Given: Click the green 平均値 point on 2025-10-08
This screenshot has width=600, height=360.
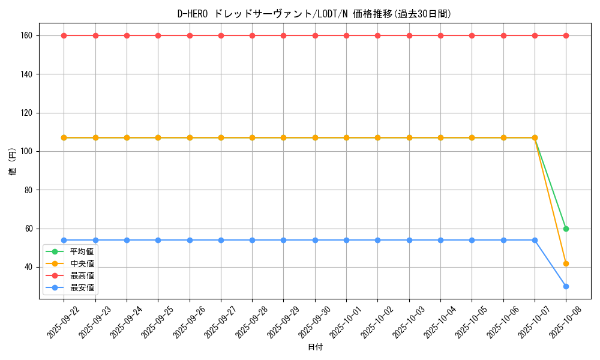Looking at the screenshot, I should pyautogui.click(x=566, y=229).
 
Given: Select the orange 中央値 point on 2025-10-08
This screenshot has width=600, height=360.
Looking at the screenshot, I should pyautogui.click(x=566, y=263).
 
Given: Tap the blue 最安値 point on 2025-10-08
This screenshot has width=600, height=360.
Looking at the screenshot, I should pyautogui.click(x=566, y=286).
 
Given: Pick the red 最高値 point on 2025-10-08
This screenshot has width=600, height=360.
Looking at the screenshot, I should pyautogui.click(x=566, y=35).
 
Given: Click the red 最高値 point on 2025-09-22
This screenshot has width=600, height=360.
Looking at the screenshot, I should pyautogui.click(x=64, y=35).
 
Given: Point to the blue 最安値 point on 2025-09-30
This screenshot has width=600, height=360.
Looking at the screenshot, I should pyautogui.click(x=315, y=240).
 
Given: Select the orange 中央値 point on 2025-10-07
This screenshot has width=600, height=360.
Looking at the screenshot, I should pyautogui.click(x=535, y=137).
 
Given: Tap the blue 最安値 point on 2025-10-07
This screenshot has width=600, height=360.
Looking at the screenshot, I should pyautogui.click(x=535, y=240).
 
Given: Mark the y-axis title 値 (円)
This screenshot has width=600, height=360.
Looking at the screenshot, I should pyautogui.click(x=12, y=162).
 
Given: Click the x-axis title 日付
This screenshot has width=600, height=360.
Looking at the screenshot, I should pyautogui.click(x=315, y=347).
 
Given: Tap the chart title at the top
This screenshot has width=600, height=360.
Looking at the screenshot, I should pyautogui.click(x=315, y=13).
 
